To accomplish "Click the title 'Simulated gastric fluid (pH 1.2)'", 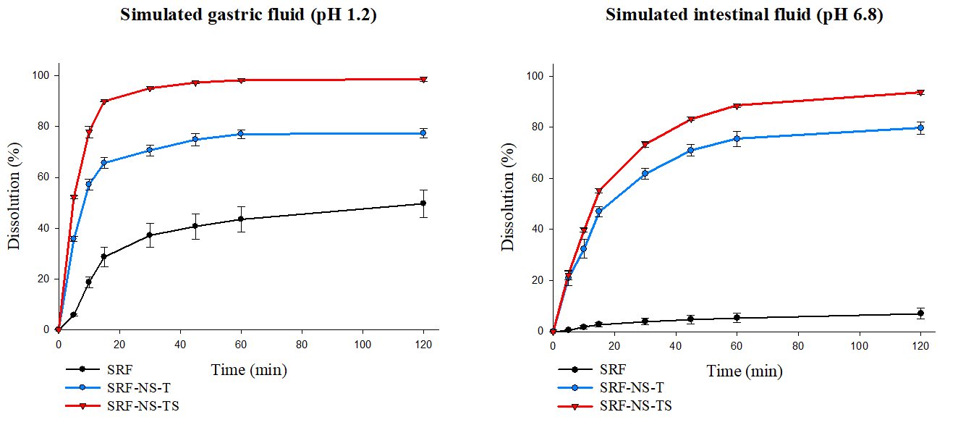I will click(x=248, y=14).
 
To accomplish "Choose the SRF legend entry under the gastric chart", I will click(x=119, y=369).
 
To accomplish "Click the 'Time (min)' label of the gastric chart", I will click(x=249, y=370).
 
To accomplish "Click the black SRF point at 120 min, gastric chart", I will click(x=423, y=203).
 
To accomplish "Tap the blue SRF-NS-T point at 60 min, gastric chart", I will click(x=241, y=134).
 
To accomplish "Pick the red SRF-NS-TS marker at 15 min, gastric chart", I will click(x=104, y=101).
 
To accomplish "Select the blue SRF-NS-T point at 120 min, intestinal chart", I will click(x=920, y=127).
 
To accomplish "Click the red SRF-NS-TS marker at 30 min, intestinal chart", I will click(x=645, y=145).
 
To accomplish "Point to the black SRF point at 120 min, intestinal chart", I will click(x=920, y=314).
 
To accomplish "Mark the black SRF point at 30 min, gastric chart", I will click(x=150, y=235).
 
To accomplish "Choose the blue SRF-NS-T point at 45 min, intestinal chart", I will click(x=691, y=150).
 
